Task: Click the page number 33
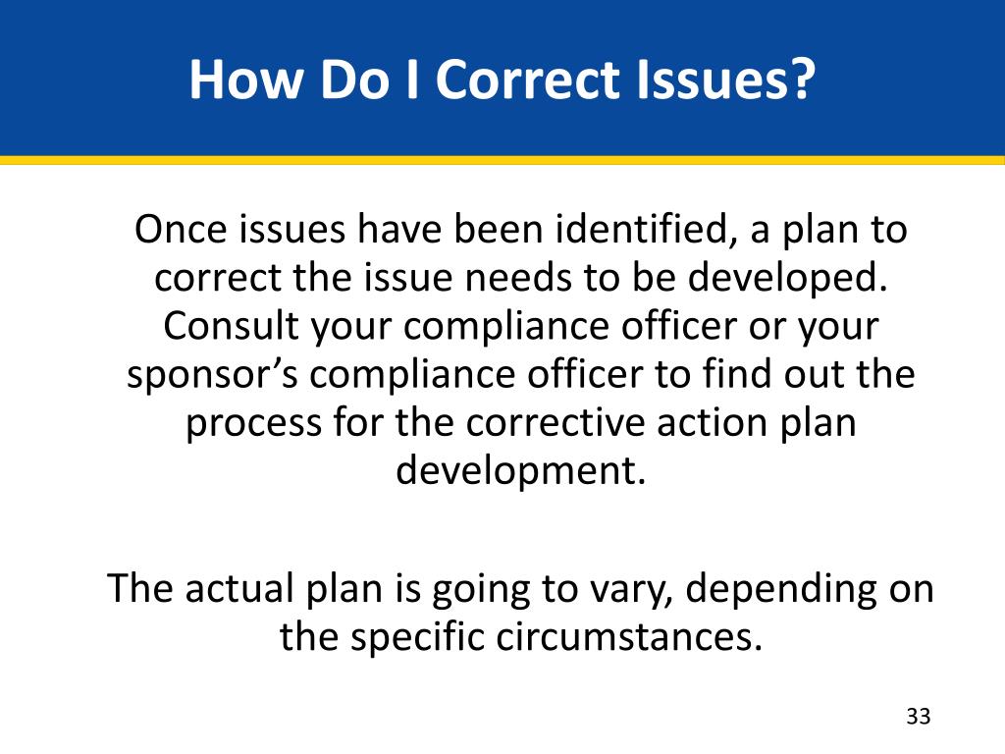[918, 716]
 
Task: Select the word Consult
[232, 326]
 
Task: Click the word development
[521, 471]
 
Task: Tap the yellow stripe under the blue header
[502, 159]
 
